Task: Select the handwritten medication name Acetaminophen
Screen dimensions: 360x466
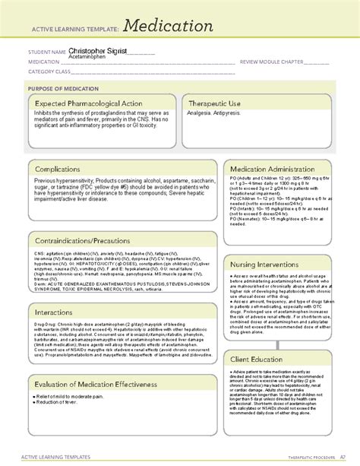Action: point(89,57)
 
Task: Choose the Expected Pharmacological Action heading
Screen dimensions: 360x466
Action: point(90,104)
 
